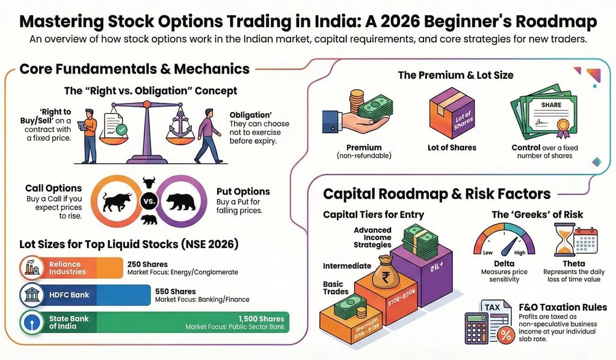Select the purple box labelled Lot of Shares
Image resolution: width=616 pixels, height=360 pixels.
point(451,114)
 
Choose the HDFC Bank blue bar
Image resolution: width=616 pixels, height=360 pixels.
point(84,295)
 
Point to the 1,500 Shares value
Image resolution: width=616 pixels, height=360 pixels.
point(261,319)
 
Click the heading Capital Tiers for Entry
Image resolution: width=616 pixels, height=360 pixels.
point(374,215)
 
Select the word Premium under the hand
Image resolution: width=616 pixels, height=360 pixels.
point(364,147)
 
